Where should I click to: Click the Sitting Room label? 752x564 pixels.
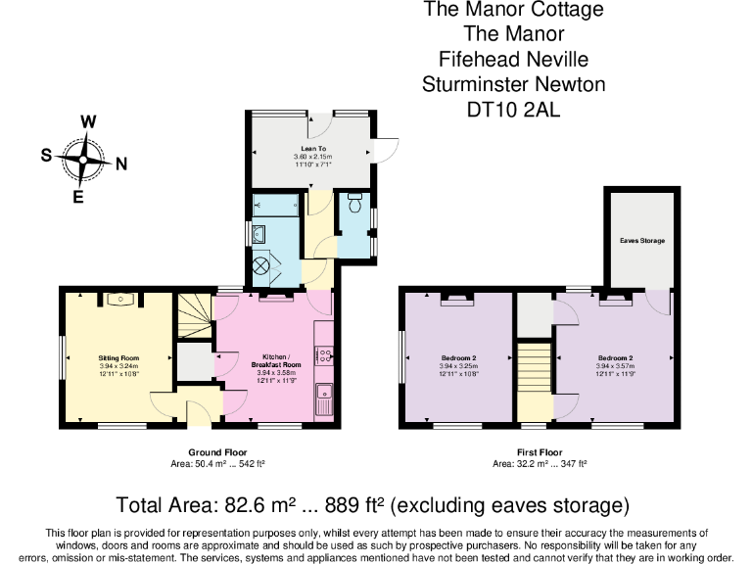tap(118, 358)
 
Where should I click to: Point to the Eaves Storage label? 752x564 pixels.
tap(641, 240)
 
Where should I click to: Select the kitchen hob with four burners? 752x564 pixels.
tap(323, 356)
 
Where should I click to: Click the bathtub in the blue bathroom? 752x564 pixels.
tap(276, 206)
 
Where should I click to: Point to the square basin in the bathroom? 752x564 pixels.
tap(259, 235)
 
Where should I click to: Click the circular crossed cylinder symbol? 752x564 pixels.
tap(262, 267)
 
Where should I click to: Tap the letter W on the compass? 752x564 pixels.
tap(87, 122)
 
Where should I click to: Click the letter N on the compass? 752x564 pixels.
tap(121, 164)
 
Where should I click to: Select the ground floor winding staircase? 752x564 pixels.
tap(196, 315)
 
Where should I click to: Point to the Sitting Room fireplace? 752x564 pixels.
tap(118, 299)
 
